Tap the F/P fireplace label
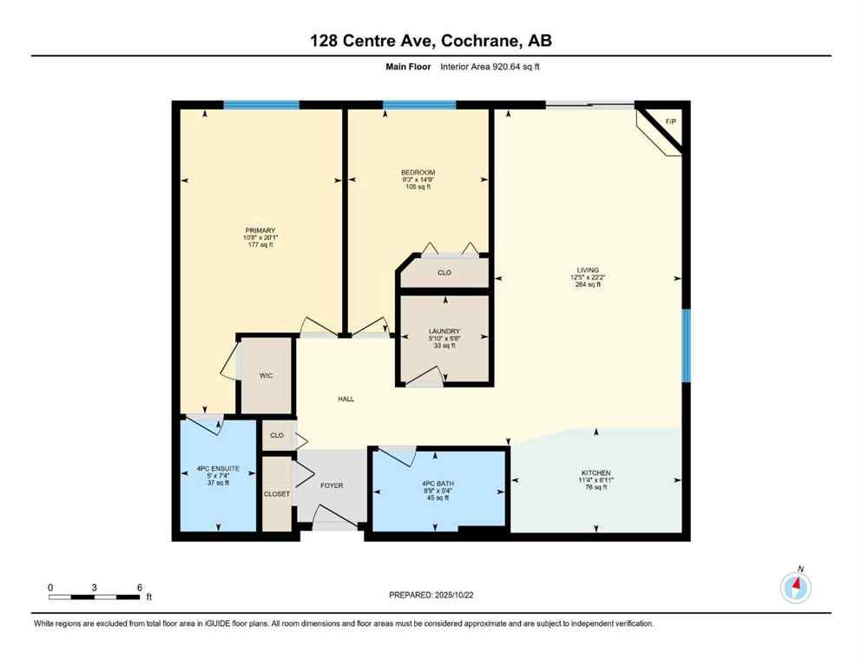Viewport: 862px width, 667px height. click(x=670, y=122)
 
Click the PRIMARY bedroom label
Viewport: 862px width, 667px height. click(x=260, y=230)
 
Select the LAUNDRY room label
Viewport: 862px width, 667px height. click(x=444, y=331)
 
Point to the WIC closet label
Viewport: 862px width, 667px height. click(x=266, y=376)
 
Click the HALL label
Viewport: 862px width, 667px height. click(x=345, y=399)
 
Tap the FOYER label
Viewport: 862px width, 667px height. click(x=332, y=485)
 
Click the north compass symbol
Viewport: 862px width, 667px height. click(x=795, y=587)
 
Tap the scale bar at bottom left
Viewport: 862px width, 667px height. click(x=95, y=597)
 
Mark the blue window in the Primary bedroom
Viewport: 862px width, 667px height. click(x=261, y=105)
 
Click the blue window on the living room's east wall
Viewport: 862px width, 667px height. click(x=686, y=346)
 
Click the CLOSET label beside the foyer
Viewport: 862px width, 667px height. click(x=277, y=493)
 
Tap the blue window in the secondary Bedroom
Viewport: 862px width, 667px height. click(x=419, y=105)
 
